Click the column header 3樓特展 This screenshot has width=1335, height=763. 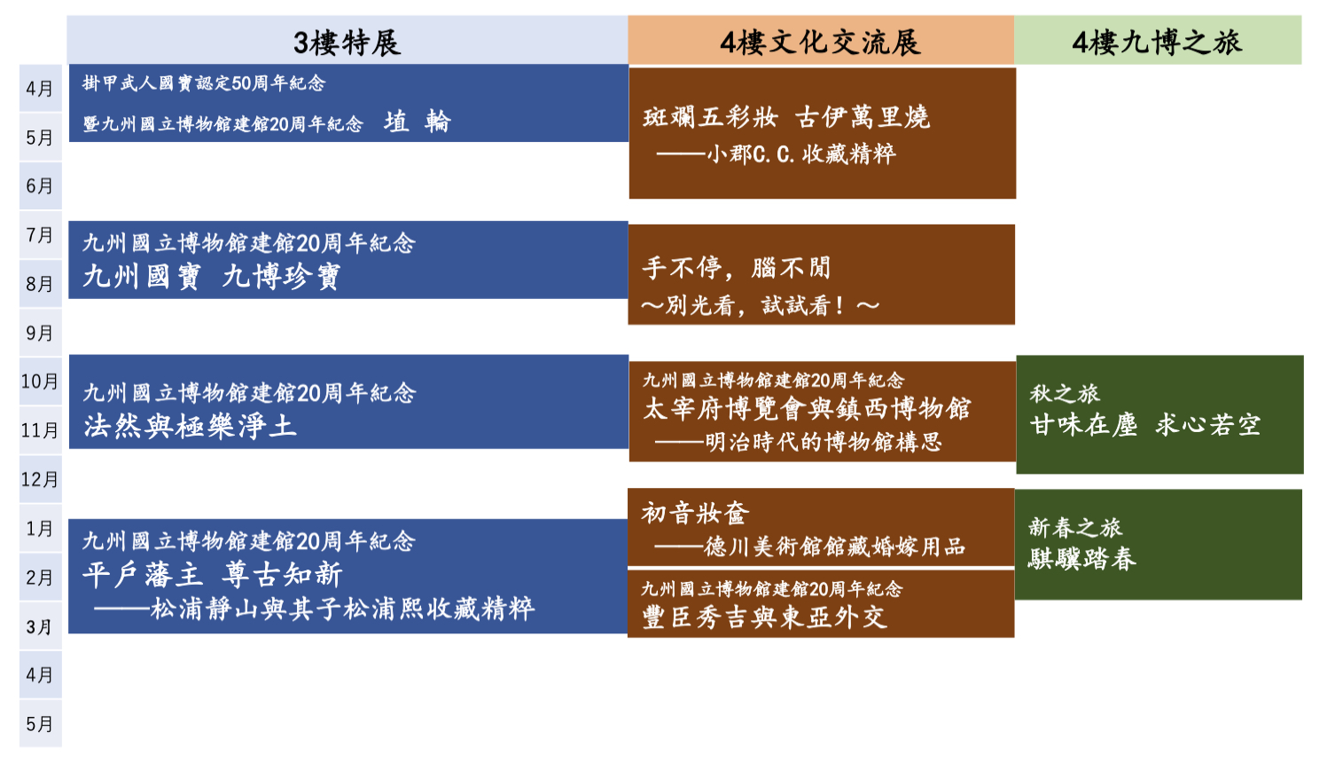(x=347, y=43)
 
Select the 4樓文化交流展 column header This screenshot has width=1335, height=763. (x=820, y=43)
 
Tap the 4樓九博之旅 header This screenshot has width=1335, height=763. (x=1158, y=43)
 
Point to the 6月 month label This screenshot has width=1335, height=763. (x=40, y=186)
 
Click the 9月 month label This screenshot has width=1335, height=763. (x=40, y=333)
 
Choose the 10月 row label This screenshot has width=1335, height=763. (x=40, y=381)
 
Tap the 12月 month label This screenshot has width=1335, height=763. (x=40, y=479)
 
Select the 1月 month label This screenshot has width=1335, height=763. (x=40, y=529)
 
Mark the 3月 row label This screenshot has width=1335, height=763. (x=40, y=627)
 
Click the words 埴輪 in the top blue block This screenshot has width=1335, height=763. (x=418, y=122)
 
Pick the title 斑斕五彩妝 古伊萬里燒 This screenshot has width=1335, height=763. (x=786, y=117)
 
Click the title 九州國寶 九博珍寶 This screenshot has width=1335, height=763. (x=212, y=277)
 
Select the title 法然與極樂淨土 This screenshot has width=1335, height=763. (x=190, y=427)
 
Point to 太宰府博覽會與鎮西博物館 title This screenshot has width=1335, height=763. (x=807, y=409)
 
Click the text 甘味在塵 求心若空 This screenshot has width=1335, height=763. (x=1145, y=425)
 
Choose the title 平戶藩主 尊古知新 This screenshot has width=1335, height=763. (x=212, y=575)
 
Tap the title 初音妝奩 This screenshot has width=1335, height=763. (x=695, y=513)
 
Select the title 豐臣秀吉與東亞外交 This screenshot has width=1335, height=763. (x=765, y=617)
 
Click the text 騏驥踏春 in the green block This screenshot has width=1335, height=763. (x=1082, y=559)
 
